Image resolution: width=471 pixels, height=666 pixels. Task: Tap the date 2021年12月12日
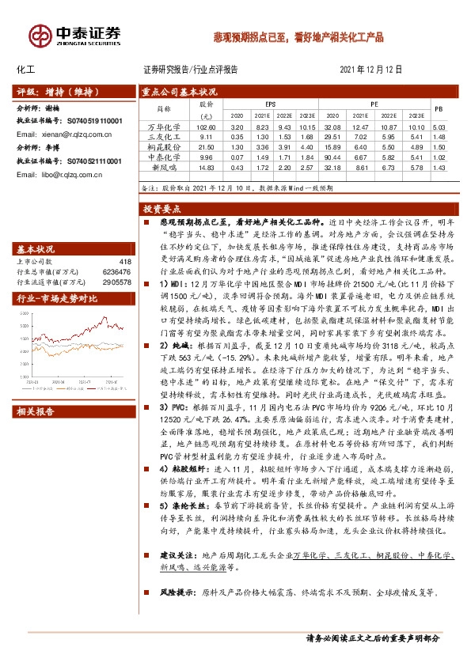coord(371,70)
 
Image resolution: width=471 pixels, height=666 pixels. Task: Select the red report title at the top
coord(310,36)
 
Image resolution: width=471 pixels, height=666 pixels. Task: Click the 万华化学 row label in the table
coord(165,127)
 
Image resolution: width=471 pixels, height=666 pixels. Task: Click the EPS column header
coord(270,104)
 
